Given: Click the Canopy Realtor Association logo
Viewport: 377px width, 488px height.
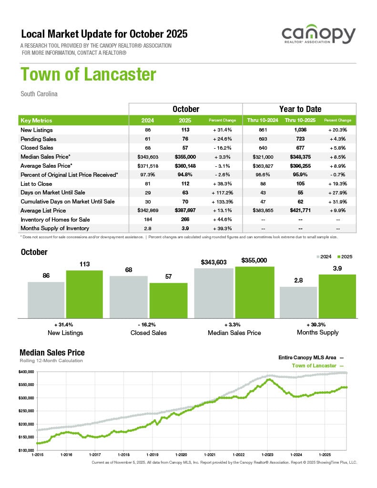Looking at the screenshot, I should (x=318, y=36).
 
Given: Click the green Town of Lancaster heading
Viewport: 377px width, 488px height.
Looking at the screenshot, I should (x=88, y=75).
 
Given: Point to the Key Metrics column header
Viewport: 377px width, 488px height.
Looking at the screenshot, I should (x=37, y=121).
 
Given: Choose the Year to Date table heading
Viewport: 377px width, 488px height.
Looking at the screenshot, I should (x=300, y=109).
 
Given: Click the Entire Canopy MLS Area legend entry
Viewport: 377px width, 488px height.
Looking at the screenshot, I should (x=310, y=357).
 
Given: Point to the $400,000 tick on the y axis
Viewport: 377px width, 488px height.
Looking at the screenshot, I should (x=27, y=371).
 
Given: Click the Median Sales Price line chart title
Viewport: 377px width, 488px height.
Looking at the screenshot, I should (x=52, y=353).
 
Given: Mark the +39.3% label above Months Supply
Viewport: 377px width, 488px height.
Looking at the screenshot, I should (x=317, y=324).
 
